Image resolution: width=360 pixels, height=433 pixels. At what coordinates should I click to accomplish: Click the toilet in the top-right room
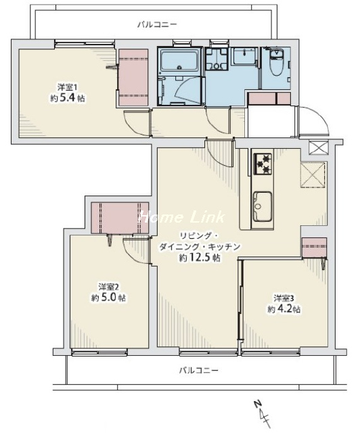pyautogui.click(x=277, y=62)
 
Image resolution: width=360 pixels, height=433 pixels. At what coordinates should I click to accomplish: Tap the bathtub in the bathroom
pyautogui.click(x=180, y=60)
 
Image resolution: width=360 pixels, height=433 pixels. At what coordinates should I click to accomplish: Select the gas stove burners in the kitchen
pyautogui.click(x=263, y=164)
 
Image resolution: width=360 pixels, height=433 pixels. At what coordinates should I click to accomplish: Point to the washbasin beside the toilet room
pyautogui.click(x=244, y=56)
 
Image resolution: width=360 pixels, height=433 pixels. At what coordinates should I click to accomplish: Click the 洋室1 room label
pyautogui.click(x=68, y=87)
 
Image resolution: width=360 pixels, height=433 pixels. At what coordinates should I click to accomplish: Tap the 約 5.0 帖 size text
pyautogui.click(x=109, y=298)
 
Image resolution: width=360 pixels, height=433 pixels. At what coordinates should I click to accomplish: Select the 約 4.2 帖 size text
pyautogui.click(x=284, y=309)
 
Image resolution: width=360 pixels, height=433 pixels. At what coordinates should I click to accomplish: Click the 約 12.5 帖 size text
pyautogui.click(x=200, y=258)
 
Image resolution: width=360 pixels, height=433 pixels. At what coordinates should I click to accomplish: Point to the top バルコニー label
pyautogui.click(x=157, y=24)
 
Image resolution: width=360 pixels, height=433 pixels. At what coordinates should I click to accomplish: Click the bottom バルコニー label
pyautogui.click(x=199, y=370)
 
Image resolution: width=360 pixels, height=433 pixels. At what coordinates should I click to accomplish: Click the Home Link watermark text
pyautogui.click(x=181, y=217)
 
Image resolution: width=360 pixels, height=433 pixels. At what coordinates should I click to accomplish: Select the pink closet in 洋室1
pyautogui.click(x=133, y=78)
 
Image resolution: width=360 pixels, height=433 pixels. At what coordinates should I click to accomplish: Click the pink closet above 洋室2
pyautogui.click(x=120, y=218)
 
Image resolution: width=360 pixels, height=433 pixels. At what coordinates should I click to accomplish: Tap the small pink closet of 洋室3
pyautogui.click(x=314, y=248)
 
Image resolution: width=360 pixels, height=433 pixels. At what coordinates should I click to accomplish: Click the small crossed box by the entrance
pyautogui.click(x=318, y=147)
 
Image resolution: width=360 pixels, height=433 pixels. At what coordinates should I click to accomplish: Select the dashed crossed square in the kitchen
pyautogui.click(x=313, y=175)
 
